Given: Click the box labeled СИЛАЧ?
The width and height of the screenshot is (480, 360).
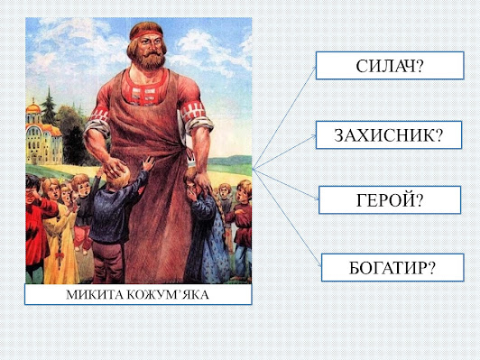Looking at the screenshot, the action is pyautogui.click(x=390, y=66).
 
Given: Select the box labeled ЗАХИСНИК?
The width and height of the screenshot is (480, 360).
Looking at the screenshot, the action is pyautogui.click(x=389, y=135).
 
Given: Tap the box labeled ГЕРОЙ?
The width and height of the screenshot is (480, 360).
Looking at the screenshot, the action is pyautogui.click(x=390, y=200).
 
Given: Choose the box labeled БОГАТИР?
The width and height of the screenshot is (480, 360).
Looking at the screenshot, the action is pyautogui.click(x=392, y=268).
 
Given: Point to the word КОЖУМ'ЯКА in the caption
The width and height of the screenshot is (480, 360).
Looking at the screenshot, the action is pyautogui.click(x=168, y=295).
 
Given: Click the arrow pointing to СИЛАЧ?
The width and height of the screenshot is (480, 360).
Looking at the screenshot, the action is pyautogui.click(x=284, y=117).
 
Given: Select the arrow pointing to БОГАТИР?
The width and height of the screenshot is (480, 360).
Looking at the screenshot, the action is pyautogui.click(x=287, y=217).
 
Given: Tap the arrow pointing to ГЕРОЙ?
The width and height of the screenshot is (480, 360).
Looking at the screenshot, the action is pyautogui.click(x=286, y=184).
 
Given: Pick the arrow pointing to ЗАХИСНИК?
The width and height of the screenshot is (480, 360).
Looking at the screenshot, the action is pyautogui.click(x=284, y=152).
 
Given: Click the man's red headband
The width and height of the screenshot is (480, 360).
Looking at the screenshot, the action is pyautogui.click(x=146, y=34).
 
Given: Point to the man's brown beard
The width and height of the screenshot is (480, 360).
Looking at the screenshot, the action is pyautogui.click(x=149, y=60).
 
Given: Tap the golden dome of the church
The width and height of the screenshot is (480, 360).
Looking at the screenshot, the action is pyautogui.click(x=33, y=107).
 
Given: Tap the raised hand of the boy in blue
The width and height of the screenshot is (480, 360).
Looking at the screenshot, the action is pyautogui.click(x=149, y=162).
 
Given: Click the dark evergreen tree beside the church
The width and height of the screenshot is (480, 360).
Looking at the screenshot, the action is pyautogui.click(x=49, y=106).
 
